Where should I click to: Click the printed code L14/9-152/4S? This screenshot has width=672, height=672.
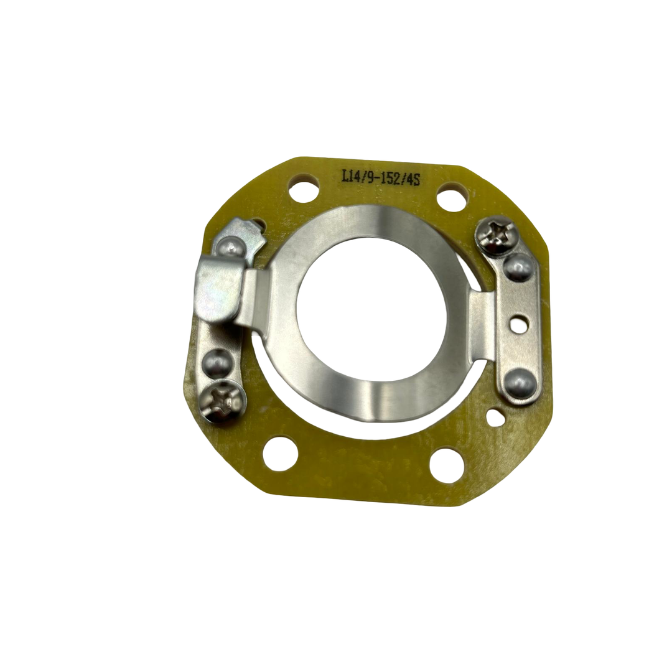pyautogui.click(x=380, y=179)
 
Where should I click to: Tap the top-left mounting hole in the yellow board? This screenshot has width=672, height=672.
pyautogui.click(x=304, y=185)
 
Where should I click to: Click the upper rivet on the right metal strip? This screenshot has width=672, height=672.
pyautogui.click(x=517, y=269)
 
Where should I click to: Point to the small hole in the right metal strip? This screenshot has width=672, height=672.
pyautogui.click(x=518, y=322)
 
